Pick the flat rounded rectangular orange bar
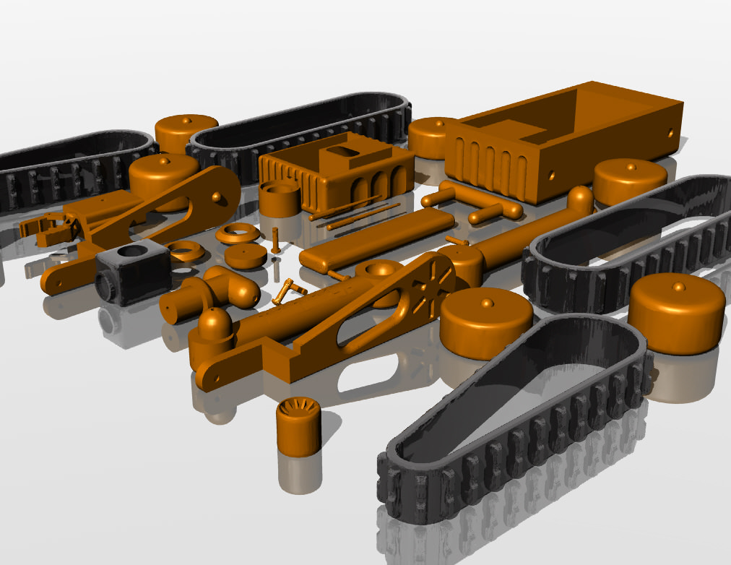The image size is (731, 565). (376, 239)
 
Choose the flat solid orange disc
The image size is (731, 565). (244, 256)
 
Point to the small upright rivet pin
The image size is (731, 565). (275, 239)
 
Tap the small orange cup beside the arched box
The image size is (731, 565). (279, 199)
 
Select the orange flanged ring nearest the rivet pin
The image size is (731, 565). (238, 233)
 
